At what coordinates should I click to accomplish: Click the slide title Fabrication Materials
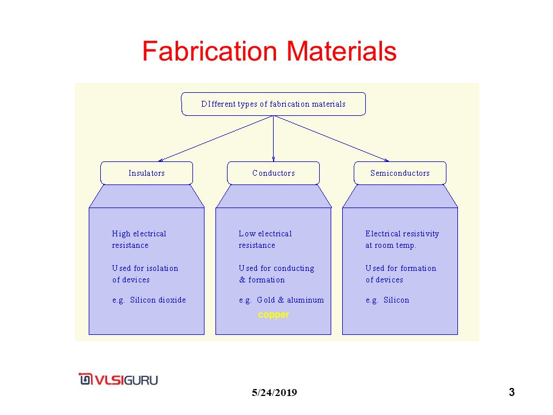pyautogui.click(x=269, y=51)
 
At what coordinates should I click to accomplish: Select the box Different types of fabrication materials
pyautogui.click(x=273, y=104)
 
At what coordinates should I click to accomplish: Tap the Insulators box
pyautogui.click(x=146, y=173)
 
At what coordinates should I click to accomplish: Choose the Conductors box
pyautogui.click(x=273, y=173)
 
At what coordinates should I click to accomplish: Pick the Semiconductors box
pyautogui.click(x=400, y=173)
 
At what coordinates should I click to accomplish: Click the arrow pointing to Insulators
pyautogui.click(x=213, y=138)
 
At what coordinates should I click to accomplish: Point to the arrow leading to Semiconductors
pyautogui.click(x=334, y=139)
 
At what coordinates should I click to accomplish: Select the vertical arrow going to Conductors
pyautogui.click(x=273, y=138)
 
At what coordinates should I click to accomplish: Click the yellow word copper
pyautogui.click(x=274, y=315)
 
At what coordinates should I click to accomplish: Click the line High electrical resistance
pyautogui.click(x=139, y=239)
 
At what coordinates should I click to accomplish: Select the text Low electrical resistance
pyautogui.click(x=265, y=239)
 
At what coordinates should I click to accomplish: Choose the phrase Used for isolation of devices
pyautogui.click(x=145, y=274)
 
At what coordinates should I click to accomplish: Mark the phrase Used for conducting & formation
pyautogui.click(x=276, y=274)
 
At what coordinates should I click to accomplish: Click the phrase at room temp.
pyautogui.click(x=391, y=245)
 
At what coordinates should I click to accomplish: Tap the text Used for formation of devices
pyautogui.click(x=400, y=274)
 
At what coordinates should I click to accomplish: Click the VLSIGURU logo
pyautogui.click(x=119, y=380)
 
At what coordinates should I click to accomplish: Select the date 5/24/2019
pyautogui.click(x=274, y=393)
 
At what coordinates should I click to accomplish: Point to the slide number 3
pyautogui.click(x=512, y=393)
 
